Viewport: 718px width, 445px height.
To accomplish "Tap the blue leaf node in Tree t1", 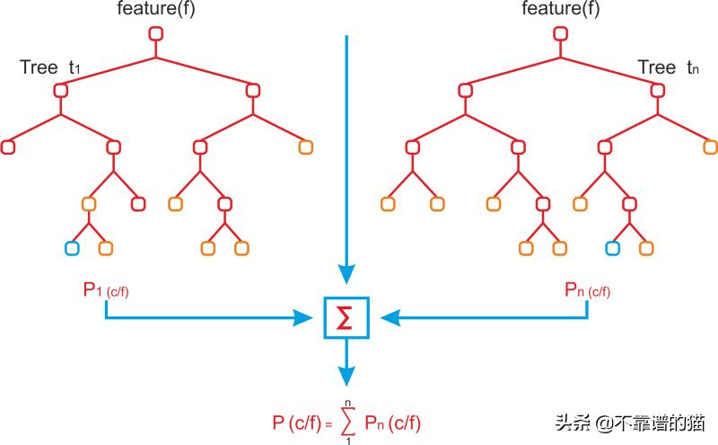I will click(x=71, y=247).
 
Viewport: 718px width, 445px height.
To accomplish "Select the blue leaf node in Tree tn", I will click(x=613, y=247).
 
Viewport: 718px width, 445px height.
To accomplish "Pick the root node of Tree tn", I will click(x=563, y=34).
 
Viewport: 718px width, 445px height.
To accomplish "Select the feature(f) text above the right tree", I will click(x=562, y=9).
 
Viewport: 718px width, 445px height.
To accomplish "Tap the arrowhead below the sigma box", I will click(x=346, y=376).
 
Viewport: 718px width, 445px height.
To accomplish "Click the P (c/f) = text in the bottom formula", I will click(x=302, y=423).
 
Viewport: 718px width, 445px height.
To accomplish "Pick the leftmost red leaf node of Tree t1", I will click(x=10, y=147).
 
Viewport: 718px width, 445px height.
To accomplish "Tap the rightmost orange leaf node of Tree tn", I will click(x=710, y=147).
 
